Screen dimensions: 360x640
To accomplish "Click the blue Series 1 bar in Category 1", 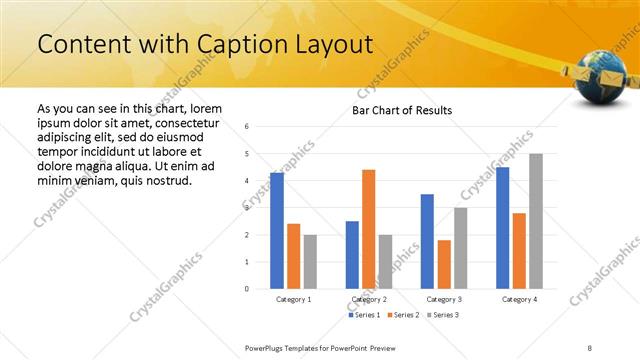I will click(x=277, y=231).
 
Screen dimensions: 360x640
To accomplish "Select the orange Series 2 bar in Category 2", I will click(x=368, y=229).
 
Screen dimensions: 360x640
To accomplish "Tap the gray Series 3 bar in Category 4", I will click(x=535, y=221).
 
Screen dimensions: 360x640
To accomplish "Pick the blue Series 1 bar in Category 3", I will click(x=427, y=241).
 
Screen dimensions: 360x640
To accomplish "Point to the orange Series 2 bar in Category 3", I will click(x=444, y=264).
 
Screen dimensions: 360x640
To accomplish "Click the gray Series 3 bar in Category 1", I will click(x=310, y=262).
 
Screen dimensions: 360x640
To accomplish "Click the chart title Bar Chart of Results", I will click(x=401, y=110).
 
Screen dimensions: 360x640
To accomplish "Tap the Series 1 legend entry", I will click(x=365, y=315).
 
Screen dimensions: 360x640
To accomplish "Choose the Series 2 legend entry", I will click(x=401, y=315).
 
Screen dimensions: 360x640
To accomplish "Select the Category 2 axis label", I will click(x=368, y=299).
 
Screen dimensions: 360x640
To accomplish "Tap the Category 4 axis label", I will click(x=519, y=299).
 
